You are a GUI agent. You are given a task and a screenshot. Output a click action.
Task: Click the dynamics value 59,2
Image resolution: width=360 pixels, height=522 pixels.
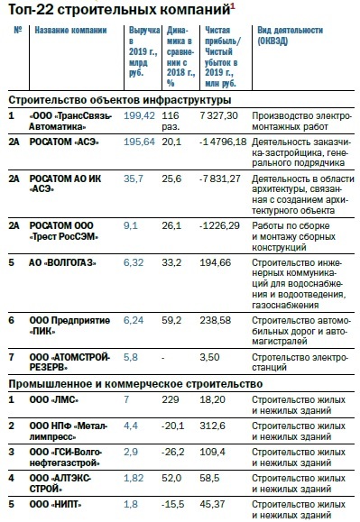[173, 319]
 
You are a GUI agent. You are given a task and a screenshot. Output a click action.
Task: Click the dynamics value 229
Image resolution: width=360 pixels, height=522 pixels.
[170, 398]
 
